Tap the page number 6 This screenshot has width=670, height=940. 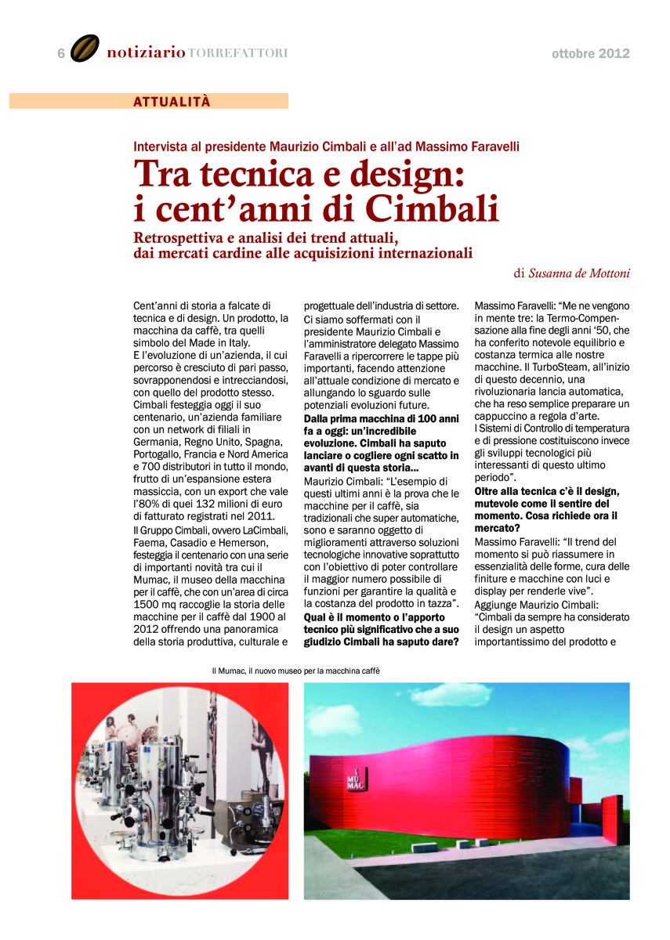(61, 53)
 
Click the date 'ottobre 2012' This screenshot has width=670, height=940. (590, 53)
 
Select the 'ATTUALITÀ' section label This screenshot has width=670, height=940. (172, 101)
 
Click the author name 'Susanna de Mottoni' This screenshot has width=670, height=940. (578, 273)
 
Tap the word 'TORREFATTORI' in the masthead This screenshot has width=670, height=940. (238, 53)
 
